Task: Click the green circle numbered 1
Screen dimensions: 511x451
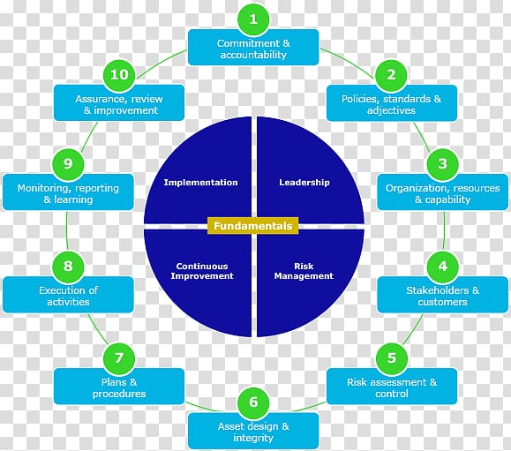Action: click(253, 19)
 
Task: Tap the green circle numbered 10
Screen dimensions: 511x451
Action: click(119, 75)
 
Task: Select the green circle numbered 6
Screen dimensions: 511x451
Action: click(253, 402)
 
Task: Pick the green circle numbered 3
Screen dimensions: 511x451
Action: click(442, 164)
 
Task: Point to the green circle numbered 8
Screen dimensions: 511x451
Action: click(68, 267)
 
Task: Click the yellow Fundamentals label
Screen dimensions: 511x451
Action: click(253, 226)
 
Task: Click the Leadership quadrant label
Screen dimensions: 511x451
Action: click(304, 183)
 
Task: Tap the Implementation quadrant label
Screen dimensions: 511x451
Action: click(200, 183)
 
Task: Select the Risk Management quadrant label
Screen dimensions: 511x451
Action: click(304, 271)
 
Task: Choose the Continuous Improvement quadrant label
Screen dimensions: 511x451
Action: click(202, 271)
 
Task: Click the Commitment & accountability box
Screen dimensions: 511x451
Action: click(253, 48)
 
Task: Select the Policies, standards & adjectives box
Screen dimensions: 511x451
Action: click(392, 103)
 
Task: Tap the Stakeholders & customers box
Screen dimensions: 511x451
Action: click(442, 295)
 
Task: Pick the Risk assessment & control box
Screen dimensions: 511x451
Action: click(392, 387)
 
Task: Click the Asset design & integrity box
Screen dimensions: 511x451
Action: click(253, 431)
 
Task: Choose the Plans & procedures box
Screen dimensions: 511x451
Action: click(119, 387)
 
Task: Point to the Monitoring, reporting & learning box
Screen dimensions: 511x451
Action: click(68, 192)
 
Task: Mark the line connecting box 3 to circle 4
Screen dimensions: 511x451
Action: click(444, 230)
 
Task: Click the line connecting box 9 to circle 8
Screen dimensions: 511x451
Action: click(67, 230)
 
